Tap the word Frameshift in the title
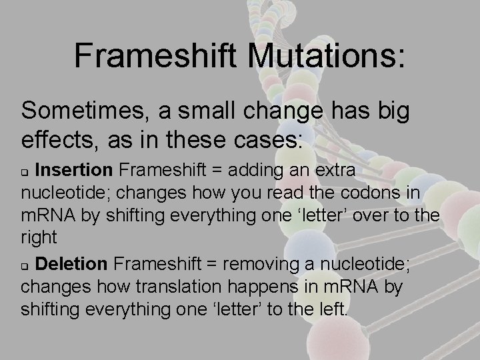coord(157,55)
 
